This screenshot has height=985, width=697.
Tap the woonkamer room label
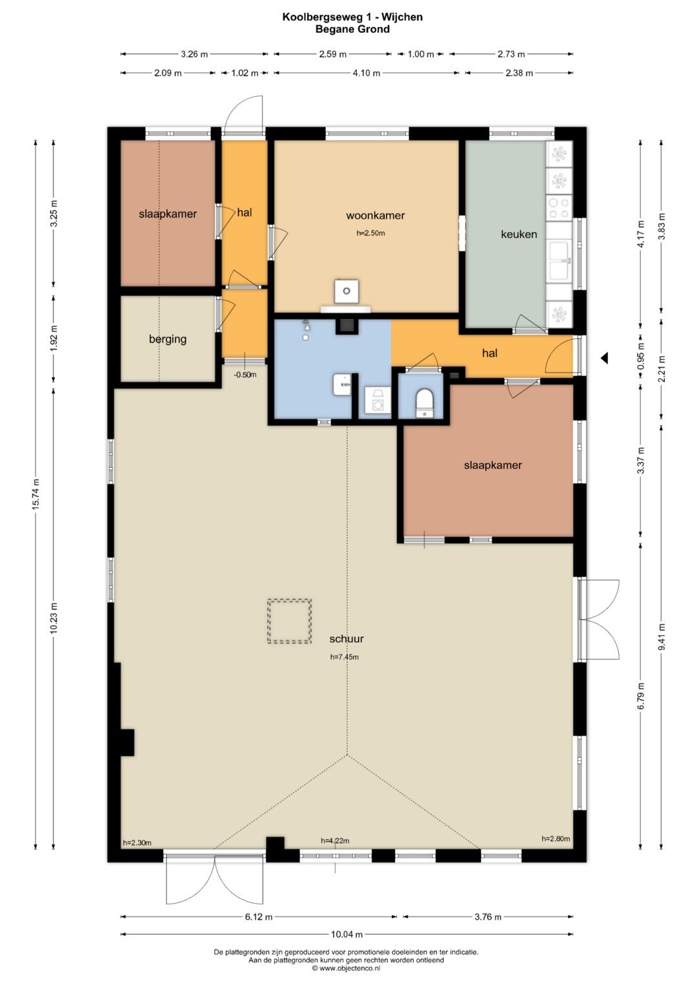(375, 215)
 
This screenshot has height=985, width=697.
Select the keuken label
(519, 234)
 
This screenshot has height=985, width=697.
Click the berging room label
(168, 339)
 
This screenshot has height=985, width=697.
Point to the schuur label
(347, 639)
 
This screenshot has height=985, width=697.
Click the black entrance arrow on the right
(604, 359)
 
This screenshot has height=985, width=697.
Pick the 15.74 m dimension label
(35, 494)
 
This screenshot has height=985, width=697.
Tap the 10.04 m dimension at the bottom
(347, 935)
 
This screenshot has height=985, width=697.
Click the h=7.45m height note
(345, 657)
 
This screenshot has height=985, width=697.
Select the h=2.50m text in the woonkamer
(370, 233)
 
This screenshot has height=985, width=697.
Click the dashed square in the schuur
(290, 621)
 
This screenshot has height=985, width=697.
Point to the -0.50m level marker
(245, 375)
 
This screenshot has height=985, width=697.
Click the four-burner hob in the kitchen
(559, 208)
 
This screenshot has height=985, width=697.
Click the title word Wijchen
(402, 17)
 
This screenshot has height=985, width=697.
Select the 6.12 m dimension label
(259, 917)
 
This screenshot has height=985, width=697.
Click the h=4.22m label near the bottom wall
(335, 841)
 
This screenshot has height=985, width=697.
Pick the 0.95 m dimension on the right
(640, 355)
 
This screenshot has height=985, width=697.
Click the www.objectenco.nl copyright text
(346, 968)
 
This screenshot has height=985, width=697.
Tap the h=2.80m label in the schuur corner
(556, 839)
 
